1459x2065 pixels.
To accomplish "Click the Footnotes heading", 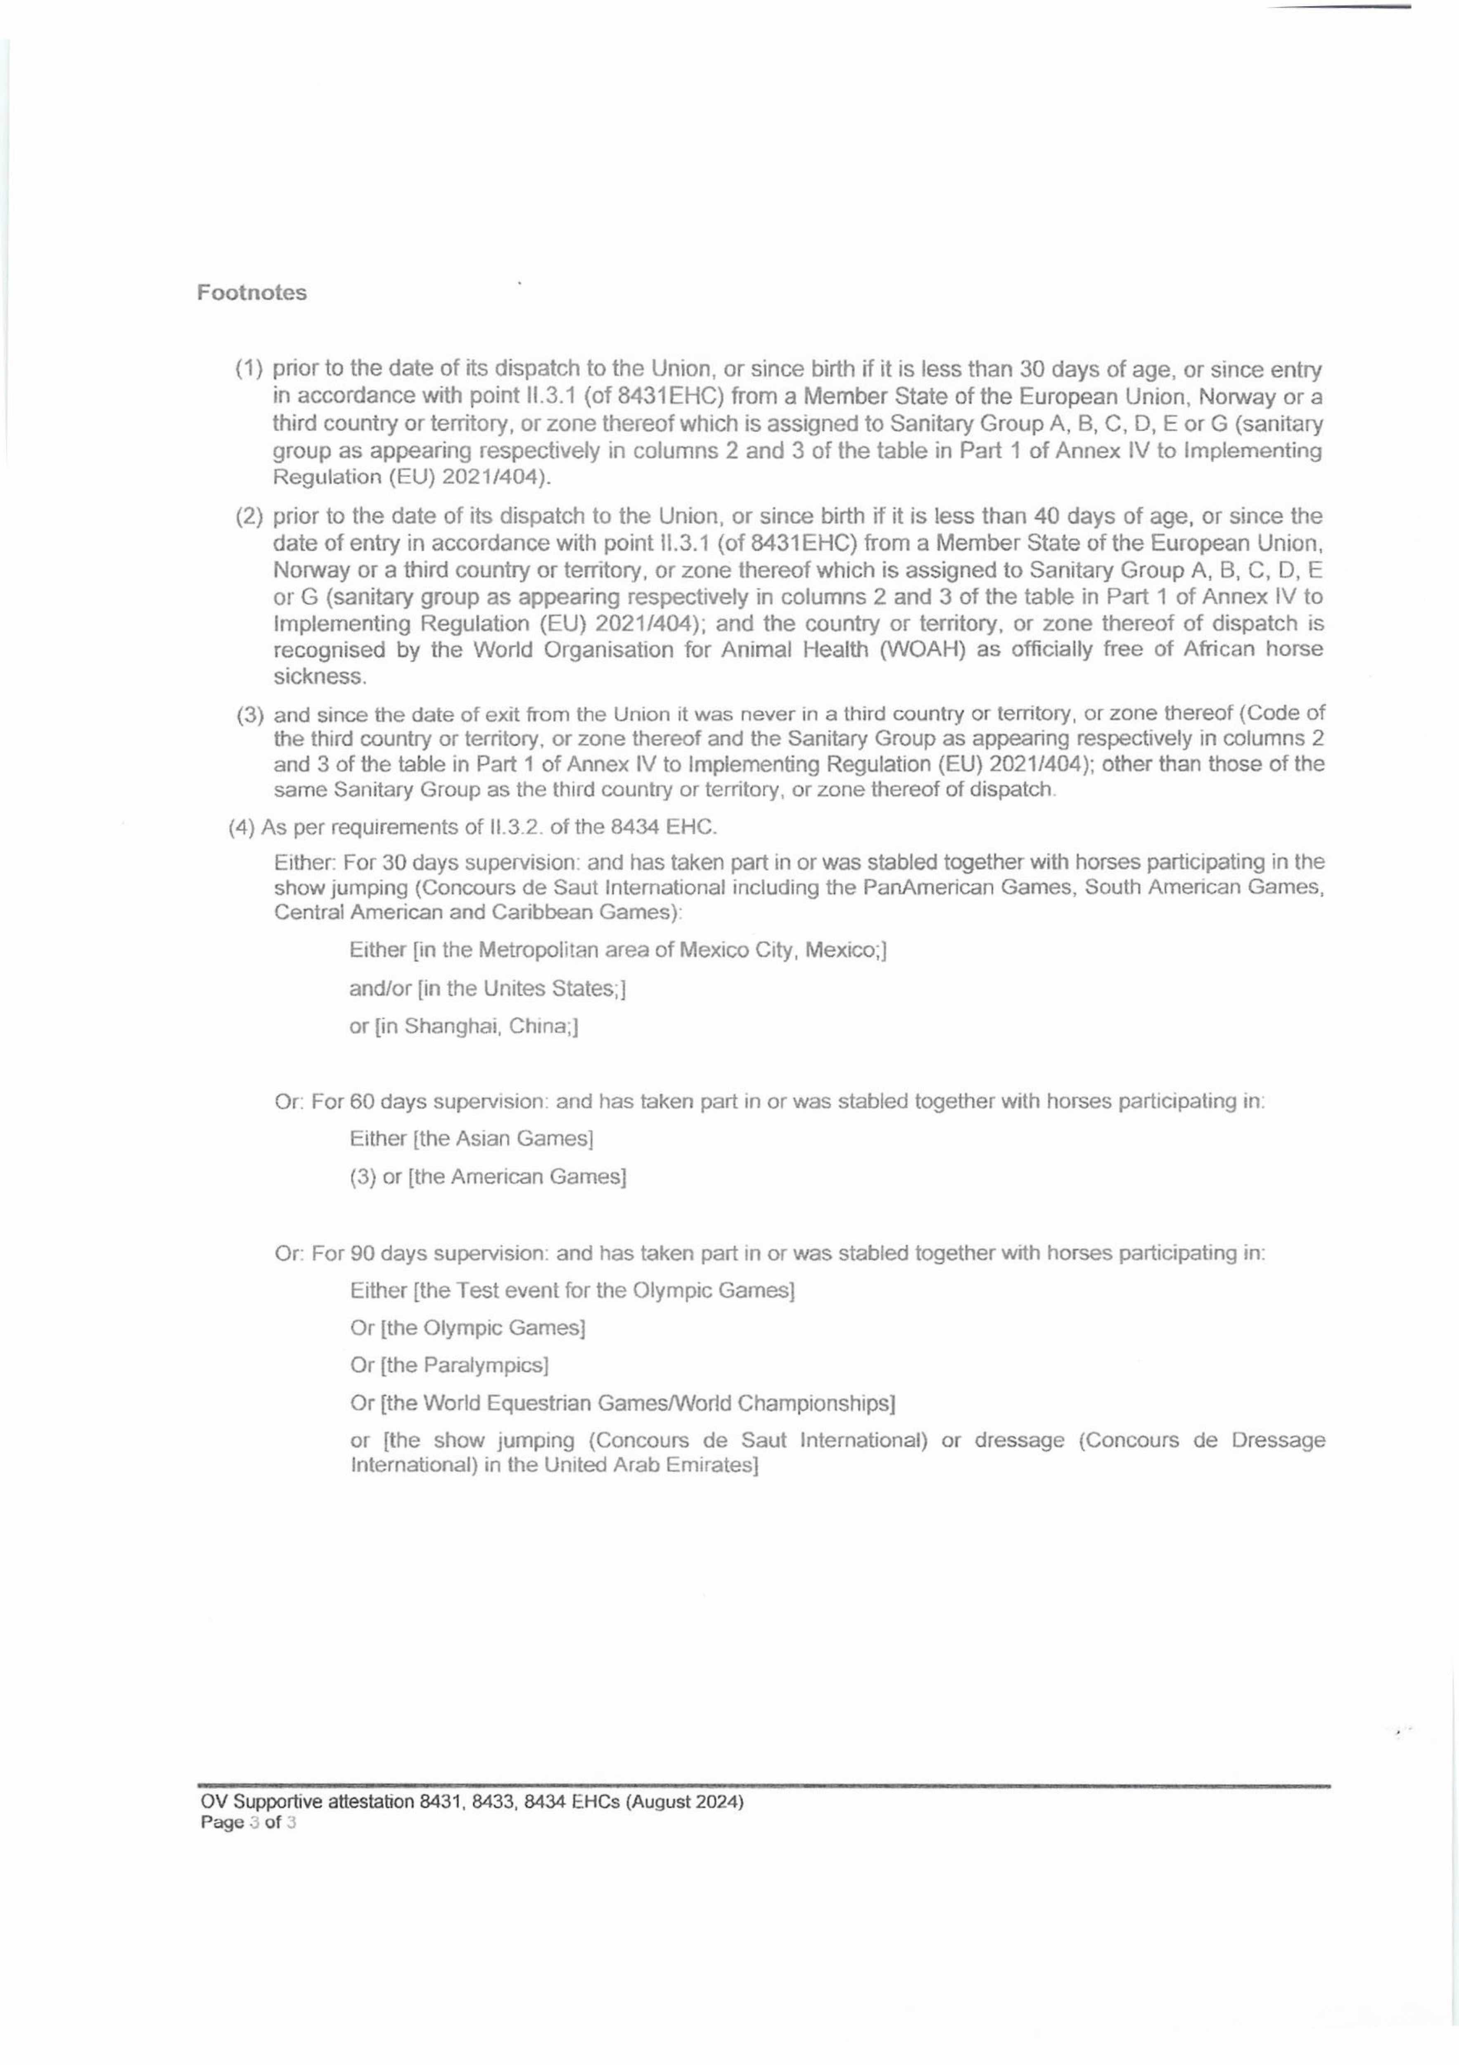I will (x=252, y=293).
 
